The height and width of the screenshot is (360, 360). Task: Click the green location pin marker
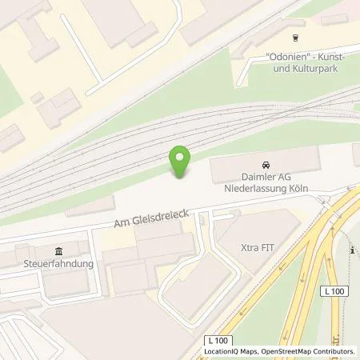coord(180,161)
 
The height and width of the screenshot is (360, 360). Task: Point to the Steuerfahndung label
coord(59,264)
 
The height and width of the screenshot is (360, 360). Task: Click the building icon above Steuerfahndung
coord(58,250)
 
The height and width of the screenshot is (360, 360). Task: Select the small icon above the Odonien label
coord(296,36)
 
